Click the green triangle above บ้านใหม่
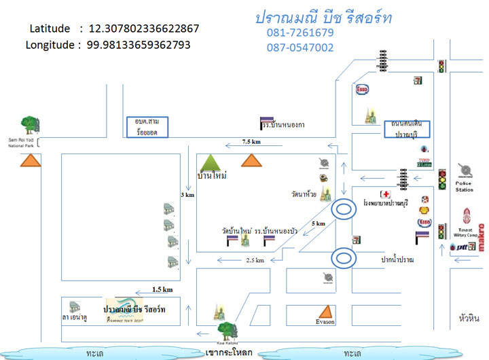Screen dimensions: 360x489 212,162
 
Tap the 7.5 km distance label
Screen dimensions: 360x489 253,142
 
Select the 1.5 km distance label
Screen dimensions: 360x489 162,289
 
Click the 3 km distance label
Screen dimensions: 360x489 187,195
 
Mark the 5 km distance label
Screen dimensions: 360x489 318,223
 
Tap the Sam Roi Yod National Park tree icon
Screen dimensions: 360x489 30,124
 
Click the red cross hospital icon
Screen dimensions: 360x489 385,194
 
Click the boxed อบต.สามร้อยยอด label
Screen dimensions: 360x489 147,127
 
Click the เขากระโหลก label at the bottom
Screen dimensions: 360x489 229,353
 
